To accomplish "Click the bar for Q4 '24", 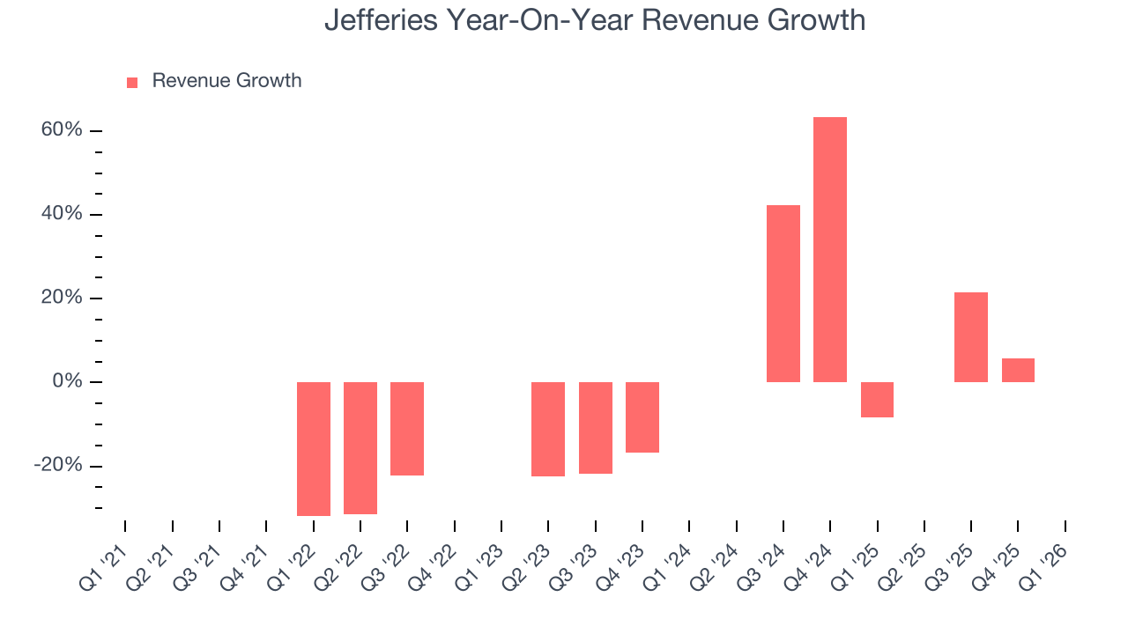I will pyautogui.click(x=829, y=249).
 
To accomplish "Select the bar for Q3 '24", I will pyautogui.click(x=783, y=293).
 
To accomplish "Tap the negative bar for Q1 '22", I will pyautogui.click(x=313, y=448).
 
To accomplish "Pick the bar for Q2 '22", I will pyautogui.click(x=360, y=447).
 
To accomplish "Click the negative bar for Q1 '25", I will pyautogui.click(x=877, y=399).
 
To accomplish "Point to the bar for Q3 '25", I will pyautogui.click(x=970, y=336).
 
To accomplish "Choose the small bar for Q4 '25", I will pyautogui.click(x=1018, y=370).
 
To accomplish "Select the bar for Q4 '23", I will pyautogui.click(x=642, y=417).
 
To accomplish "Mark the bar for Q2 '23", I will pyautogui.click(x=548, y=429).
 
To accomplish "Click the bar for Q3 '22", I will pyautogui.click(x=407, y=428).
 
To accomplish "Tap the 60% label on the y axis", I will pyautogui.click(x=61, y=130).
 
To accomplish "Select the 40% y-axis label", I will pyautogui.click(x=61, y=214).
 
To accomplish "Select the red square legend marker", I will pyautogui.click(x=132, y=82).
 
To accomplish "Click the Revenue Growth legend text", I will pyautogui.click(x=226, y=81).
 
